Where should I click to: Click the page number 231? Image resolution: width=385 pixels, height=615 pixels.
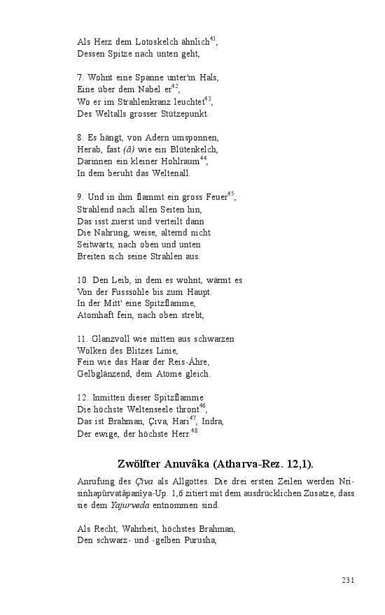tap(349, 580)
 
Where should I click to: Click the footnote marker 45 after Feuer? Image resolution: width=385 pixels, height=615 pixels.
tap(231, 194)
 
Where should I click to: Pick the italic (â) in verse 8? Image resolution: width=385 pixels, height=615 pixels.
tap(129, 150)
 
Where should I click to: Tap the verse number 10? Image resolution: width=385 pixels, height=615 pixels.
tap(82, 280)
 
